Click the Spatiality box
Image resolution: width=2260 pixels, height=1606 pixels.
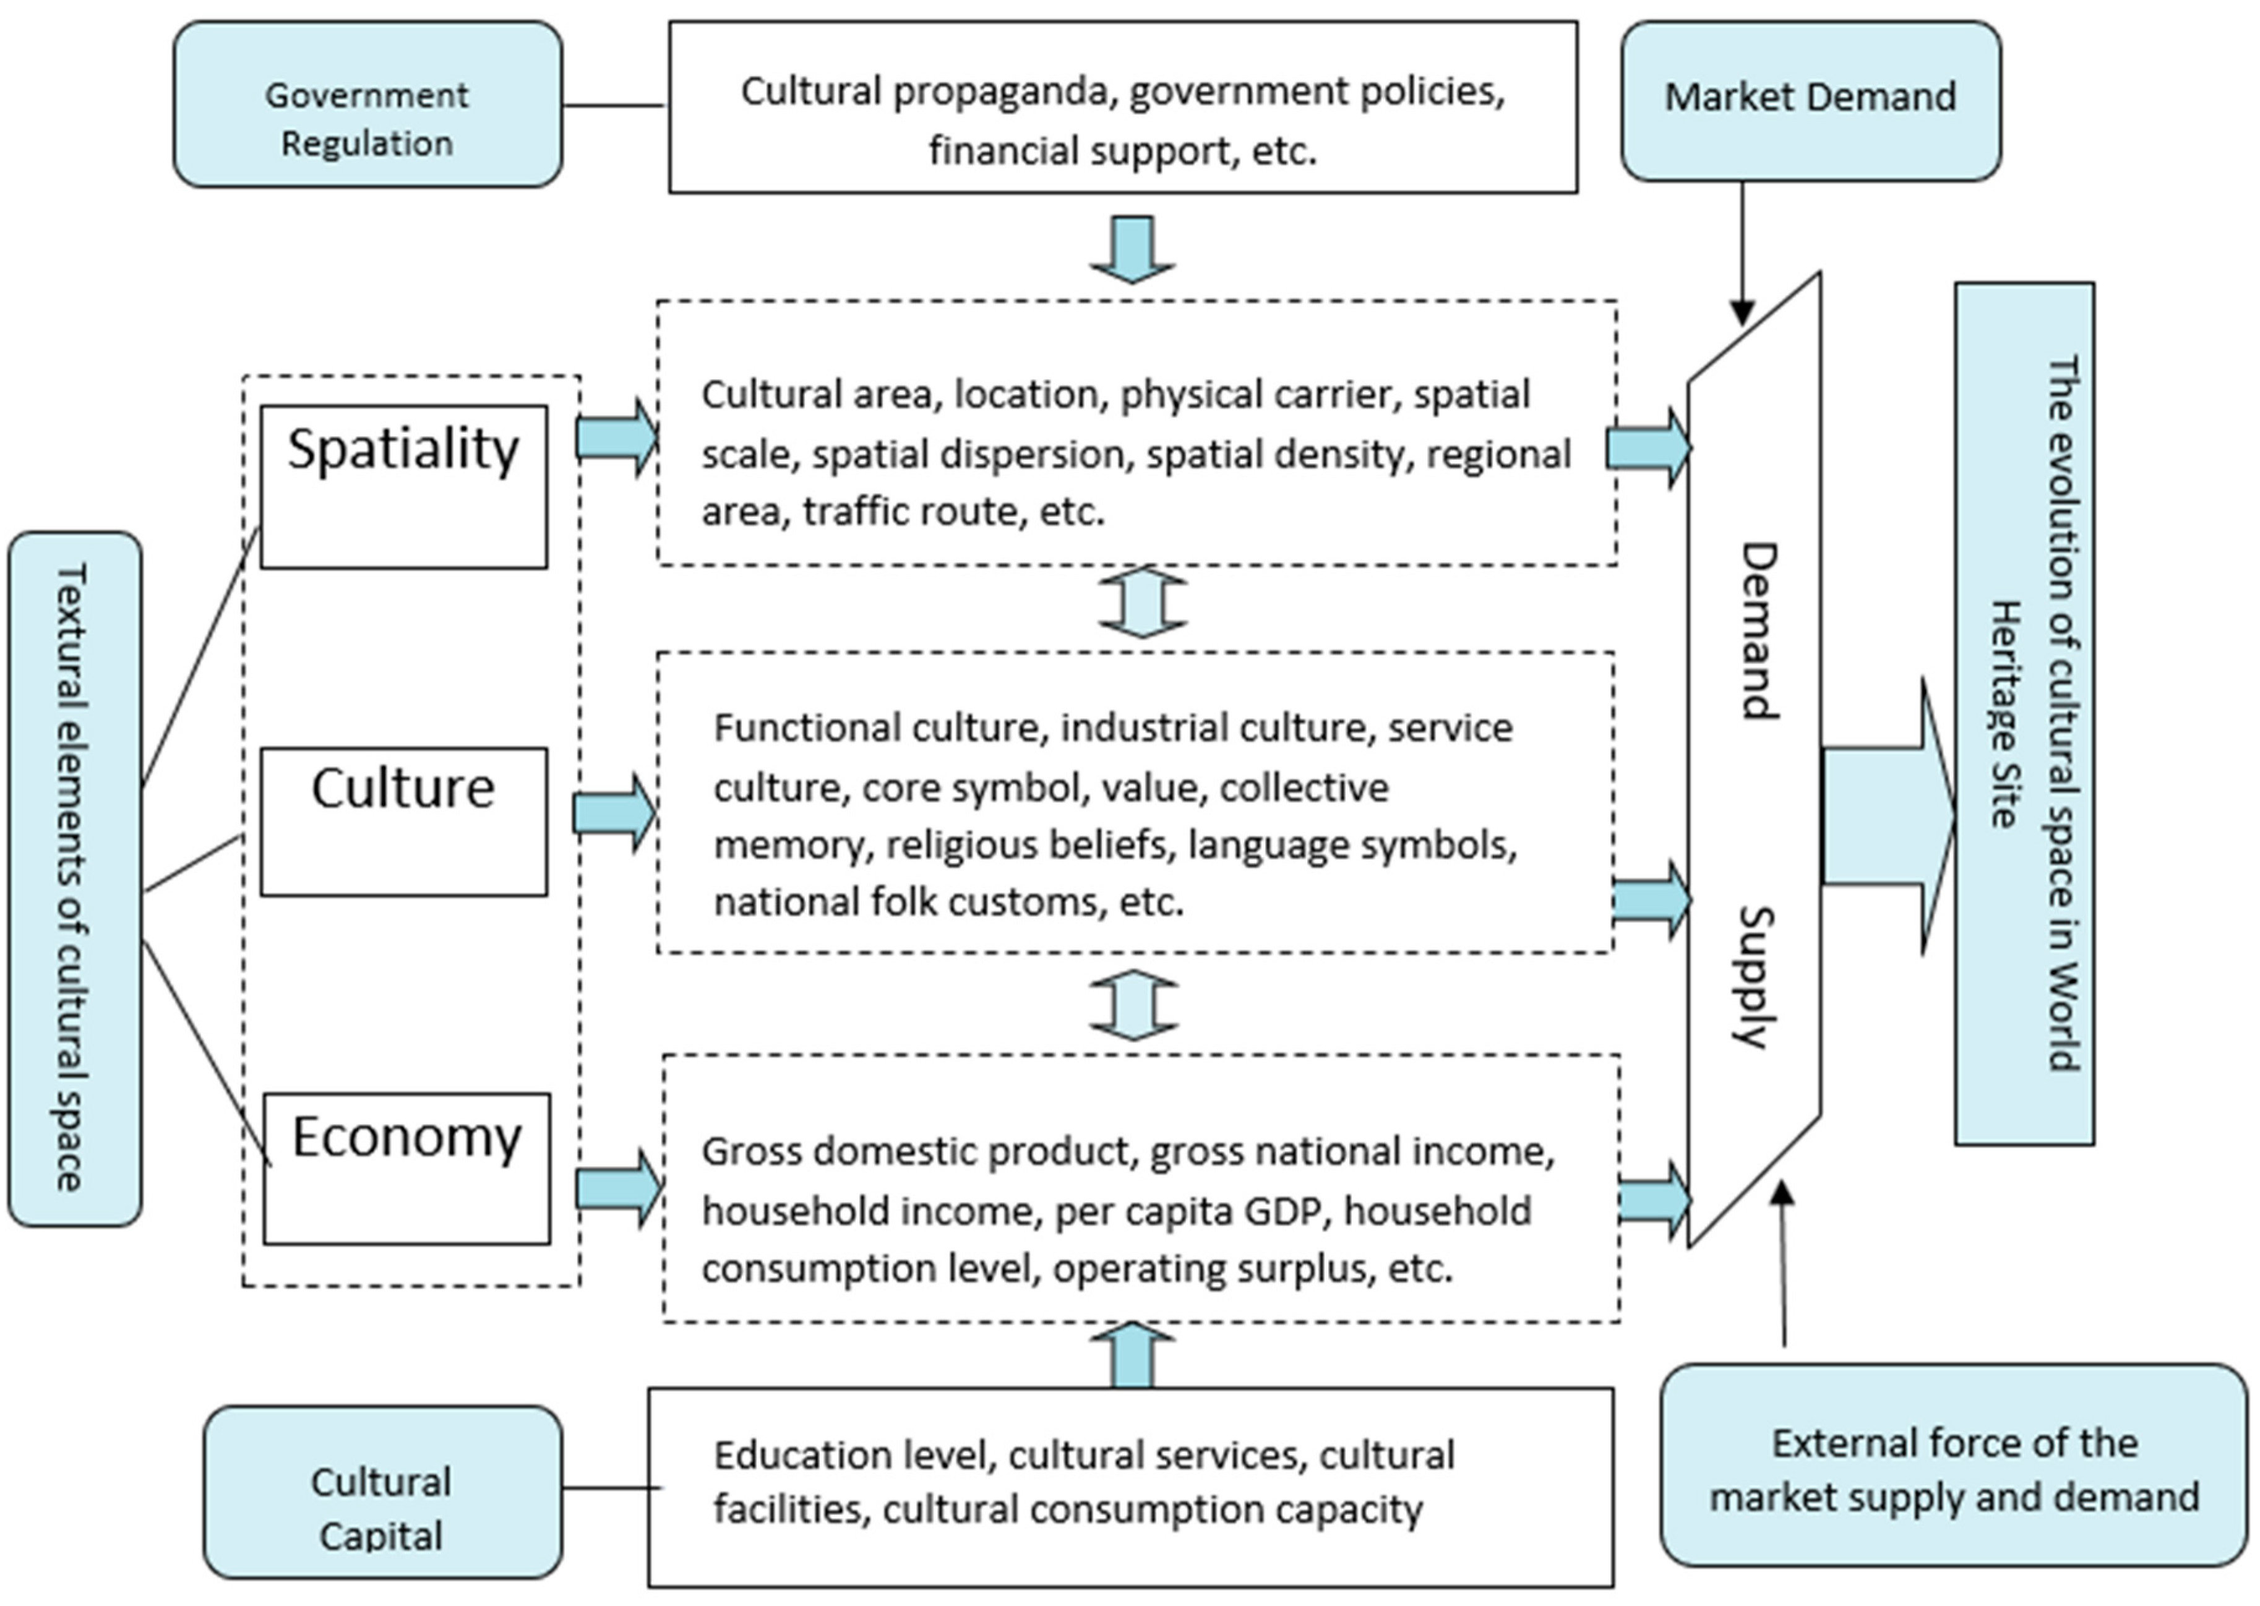pos(403,486)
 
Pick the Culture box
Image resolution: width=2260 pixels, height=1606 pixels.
pos(403,822)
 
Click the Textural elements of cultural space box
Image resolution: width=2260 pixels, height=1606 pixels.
pos(74,878)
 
